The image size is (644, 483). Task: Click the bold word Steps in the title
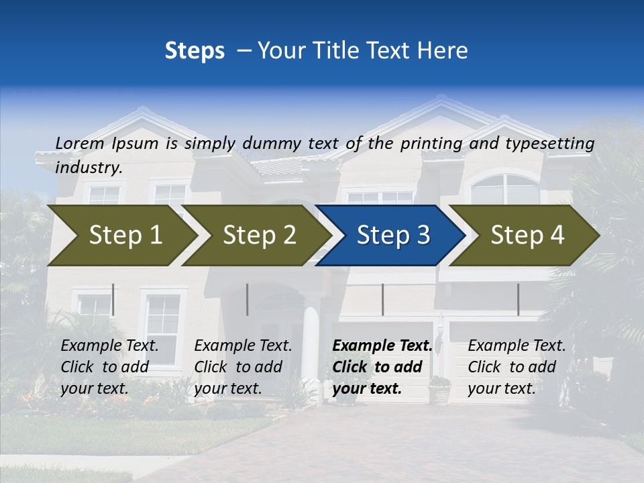point(195,51)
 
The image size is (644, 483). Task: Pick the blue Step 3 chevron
point(393,235)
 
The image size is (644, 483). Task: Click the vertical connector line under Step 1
point(113,299)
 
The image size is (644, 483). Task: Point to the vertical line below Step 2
point(248,299)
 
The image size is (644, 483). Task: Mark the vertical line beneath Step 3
point(382,299)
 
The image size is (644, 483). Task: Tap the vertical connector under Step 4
point(518,299)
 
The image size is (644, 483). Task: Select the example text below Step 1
point(109,367)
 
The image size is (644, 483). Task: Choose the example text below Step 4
point(517,367)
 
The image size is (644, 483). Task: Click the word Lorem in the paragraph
point(80,144)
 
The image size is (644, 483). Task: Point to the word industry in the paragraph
point(89,168)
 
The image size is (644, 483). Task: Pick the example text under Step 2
point(243,367)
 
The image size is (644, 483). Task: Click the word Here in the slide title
point(442,51)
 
